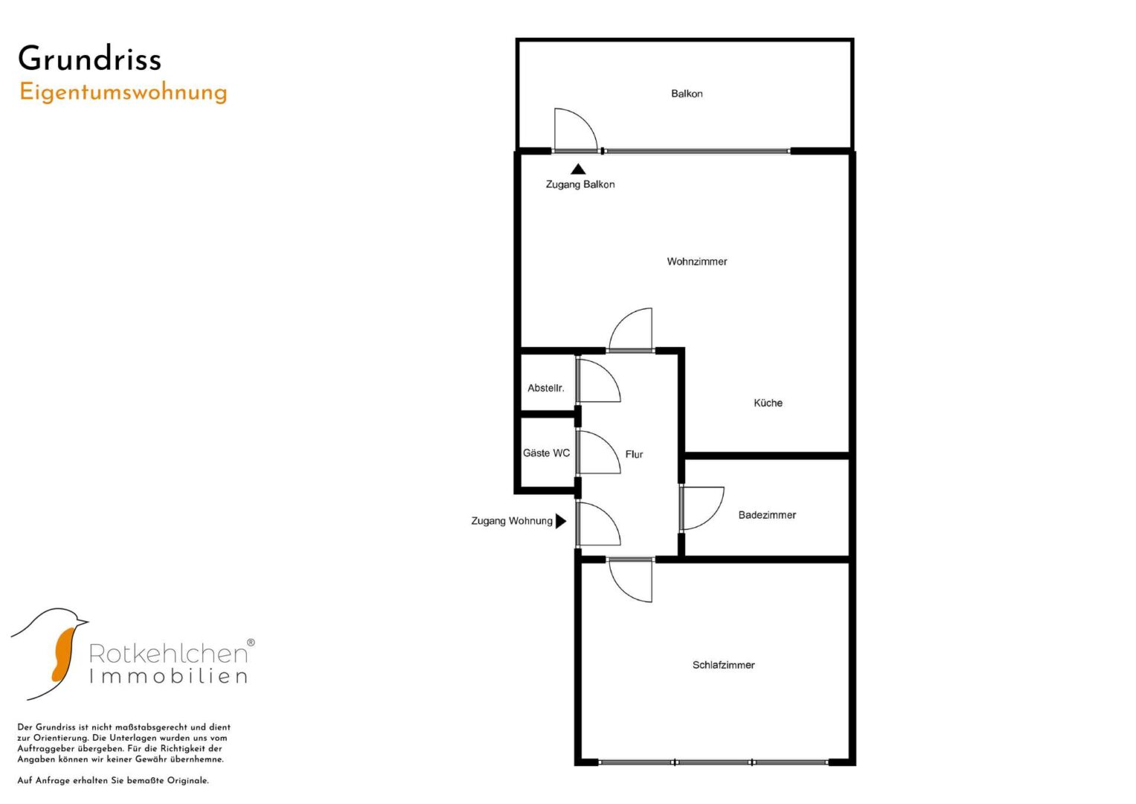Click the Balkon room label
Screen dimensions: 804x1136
click(x=686, y=94)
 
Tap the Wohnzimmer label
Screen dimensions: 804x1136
click(x=696, y=261)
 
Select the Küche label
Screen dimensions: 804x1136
click(x=768, y=403)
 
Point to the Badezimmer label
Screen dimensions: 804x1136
click(x=766, y=515)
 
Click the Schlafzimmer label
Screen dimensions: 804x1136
click(x=723, y=665)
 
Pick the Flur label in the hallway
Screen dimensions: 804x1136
click(x=634, y=454)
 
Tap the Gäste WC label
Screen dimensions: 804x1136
click(x=546, y=453)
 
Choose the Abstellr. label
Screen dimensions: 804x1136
click(x=545, y=388)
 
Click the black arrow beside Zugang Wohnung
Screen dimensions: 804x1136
click(x=561, y=521)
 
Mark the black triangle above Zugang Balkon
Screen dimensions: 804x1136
click(x=578, y=170)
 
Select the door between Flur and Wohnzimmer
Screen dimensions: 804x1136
click(x=632, y=329)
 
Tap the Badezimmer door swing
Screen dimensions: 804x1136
click(x=702, y=508)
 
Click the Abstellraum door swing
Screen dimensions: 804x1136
click(x=597, y=381)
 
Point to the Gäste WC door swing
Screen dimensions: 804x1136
click(x=597, y=452)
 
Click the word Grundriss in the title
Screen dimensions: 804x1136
click(x=89, y=59)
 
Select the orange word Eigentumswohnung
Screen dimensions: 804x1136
click(x=123, y=92)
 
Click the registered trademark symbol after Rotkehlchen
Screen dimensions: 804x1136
click(x=251, y=642)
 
